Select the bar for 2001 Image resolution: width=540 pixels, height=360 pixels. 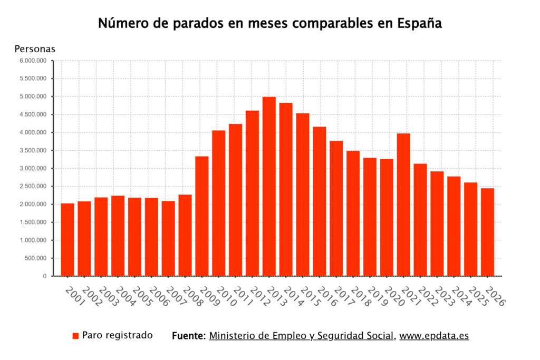point(67,239)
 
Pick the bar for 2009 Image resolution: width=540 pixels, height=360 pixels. point(202,216)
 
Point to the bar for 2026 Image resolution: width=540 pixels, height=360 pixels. point(487,232)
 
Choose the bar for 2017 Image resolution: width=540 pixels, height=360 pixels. point(336,208)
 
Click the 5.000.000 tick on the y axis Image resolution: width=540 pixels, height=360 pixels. point(33,96)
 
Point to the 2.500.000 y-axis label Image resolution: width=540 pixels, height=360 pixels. point(33,187)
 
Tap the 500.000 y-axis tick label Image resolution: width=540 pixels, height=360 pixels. point(36,258)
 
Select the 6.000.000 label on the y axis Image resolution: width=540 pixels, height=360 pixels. point(33,61)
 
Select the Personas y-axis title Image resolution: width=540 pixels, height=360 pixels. point(35,49)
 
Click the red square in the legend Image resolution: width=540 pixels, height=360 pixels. point(75,336)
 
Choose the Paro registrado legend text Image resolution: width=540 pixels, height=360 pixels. point(118,335)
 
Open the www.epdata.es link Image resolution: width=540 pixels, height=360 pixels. point(434,336)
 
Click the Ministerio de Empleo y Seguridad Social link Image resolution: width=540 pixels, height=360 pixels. point(302,336)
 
